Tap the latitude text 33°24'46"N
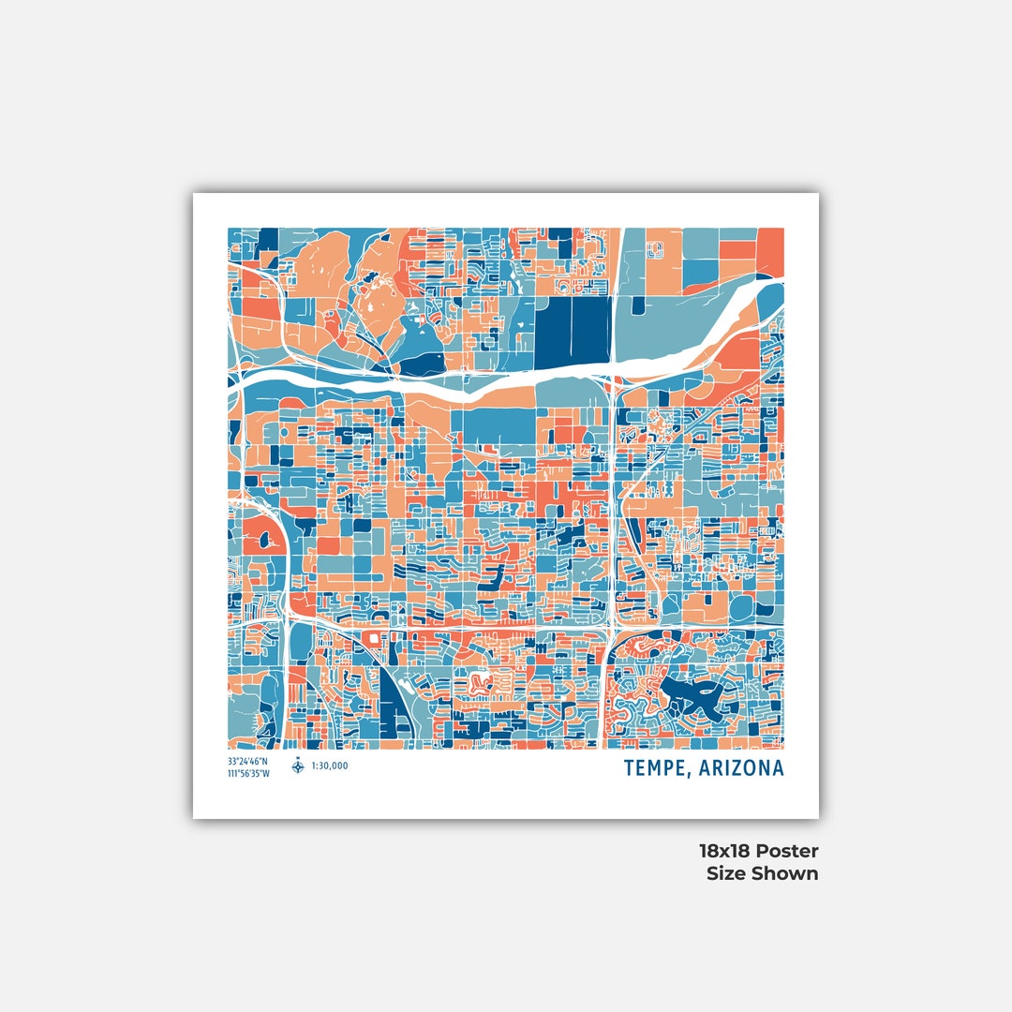click(x=247, y=761)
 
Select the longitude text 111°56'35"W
click(x=248, y=773)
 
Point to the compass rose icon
click(x=298, y=766)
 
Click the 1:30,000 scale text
click(x=330, y=766)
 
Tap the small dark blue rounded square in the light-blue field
click(x=638, y=306)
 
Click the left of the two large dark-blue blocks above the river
click(x=553, y=332)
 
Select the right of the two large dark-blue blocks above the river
click(x=591, y=332)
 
